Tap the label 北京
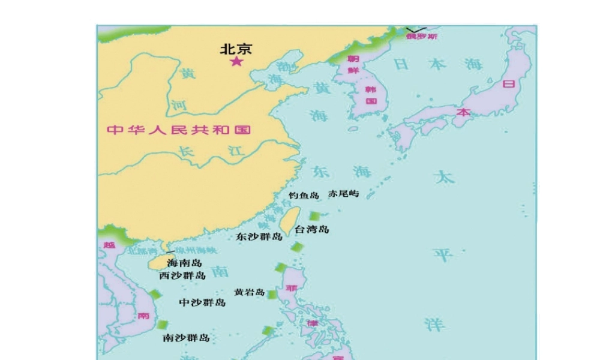[236, 49]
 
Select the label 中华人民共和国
[178, 130]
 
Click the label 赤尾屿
[344, 194]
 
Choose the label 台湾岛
[312, 229]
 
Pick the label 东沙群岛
[259, 236]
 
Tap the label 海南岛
[184, 263]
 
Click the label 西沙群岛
[182, 275]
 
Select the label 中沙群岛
[203, 302]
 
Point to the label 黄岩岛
[250, 292]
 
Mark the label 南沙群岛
[187, 338]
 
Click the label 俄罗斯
[422, 36]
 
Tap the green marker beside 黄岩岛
[272, 295]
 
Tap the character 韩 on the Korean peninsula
[370, 89]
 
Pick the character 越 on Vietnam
[109, 245]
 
